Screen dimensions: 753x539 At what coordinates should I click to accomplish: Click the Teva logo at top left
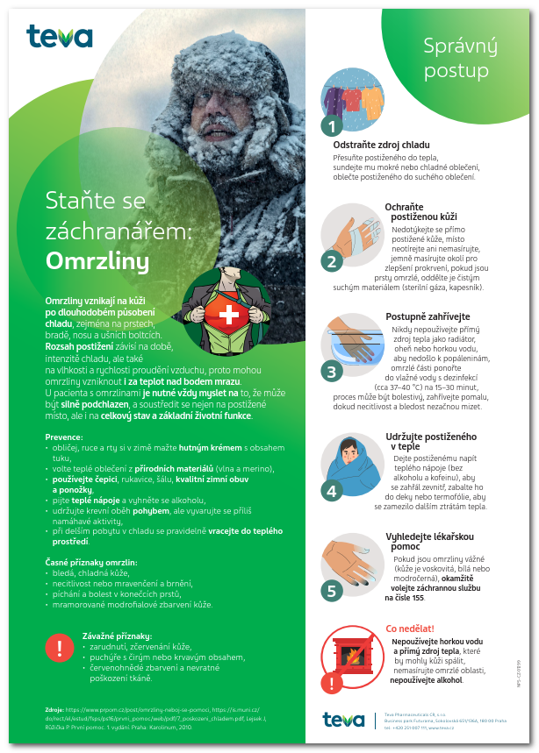coord(59,36)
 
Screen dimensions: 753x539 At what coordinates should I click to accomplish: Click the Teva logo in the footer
coord(342,720)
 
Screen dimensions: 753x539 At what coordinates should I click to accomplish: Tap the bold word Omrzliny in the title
coord(97,261)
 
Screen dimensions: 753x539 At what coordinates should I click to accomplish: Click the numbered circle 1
coord(331,126)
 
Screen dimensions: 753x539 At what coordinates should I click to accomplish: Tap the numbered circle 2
coord(331,260)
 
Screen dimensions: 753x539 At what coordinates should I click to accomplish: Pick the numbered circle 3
coord(331,371)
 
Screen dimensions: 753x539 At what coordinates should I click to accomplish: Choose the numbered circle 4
coord(331,491)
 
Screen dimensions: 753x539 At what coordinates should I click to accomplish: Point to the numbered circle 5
coord(331,590)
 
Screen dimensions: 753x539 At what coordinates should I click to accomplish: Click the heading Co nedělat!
coord(410,629)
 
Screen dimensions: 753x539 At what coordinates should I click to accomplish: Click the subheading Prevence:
coord(64,437)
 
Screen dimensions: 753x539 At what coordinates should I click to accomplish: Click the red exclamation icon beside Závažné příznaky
coord(59,647)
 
